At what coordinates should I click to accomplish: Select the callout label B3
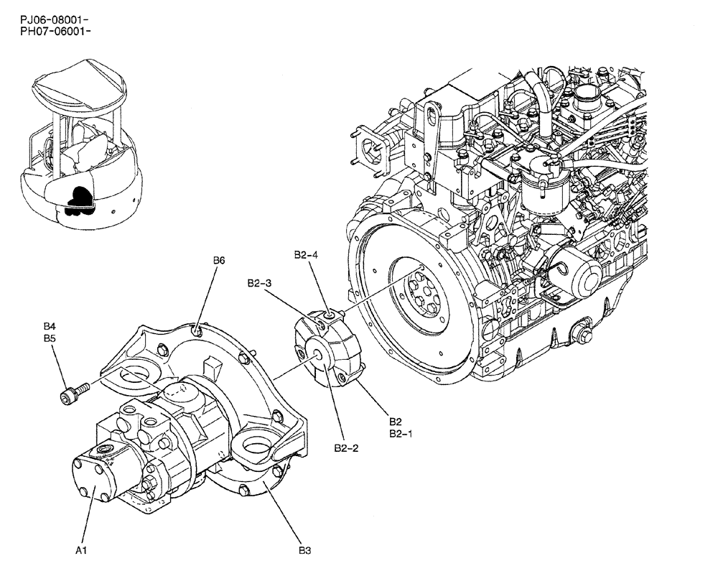pyautogui.click(x=304, y=551)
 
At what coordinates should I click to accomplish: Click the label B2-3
pyautogui.click(x=258, y=283)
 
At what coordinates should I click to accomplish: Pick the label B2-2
pyautogui.click(x=346, y=448)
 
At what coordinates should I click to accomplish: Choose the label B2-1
pyautogui.click(x=400, y=434)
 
